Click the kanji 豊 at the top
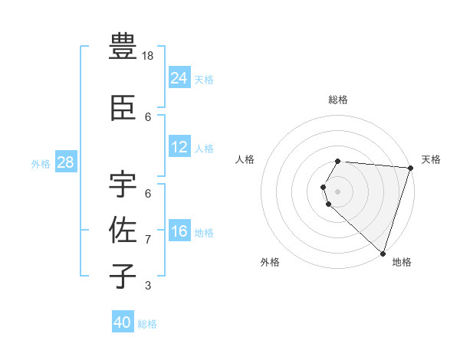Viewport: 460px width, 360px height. (x=123, y=47)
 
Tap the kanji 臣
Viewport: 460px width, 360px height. (x=123, y=109)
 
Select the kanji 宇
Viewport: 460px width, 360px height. (x=123, y=183)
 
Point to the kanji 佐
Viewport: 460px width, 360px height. (x=123, y=230)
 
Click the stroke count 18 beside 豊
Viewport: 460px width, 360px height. (x=149, y=56)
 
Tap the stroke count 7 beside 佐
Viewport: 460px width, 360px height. (x=148, y=240)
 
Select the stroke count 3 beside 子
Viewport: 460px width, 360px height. (x=148, y=286)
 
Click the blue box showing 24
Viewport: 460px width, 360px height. (x=179, y=77)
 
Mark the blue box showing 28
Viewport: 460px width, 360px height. (x=65, y=162)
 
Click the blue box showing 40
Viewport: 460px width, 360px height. (x=123, y=322)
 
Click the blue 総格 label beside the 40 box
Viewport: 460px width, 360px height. (x=147, y=324)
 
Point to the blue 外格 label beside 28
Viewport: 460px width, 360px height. (x=41, y=163)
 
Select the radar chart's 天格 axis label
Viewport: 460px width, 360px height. (x=431, y=159)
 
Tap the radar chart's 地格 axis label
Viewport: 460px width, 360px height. (x=402, y=262)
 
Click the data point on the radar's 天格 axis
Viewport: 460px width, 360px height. (x=410, y=168)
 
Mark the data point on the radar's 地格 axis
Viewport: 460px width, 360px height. (x=382, y=253)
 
